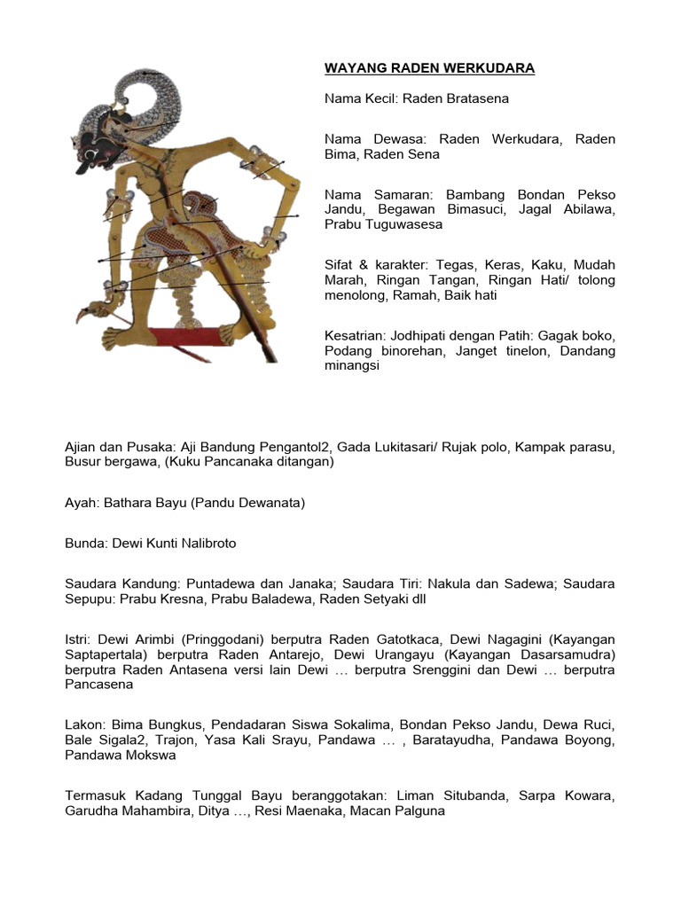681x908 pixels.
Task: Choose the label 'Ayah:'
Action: coord(82,503)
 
